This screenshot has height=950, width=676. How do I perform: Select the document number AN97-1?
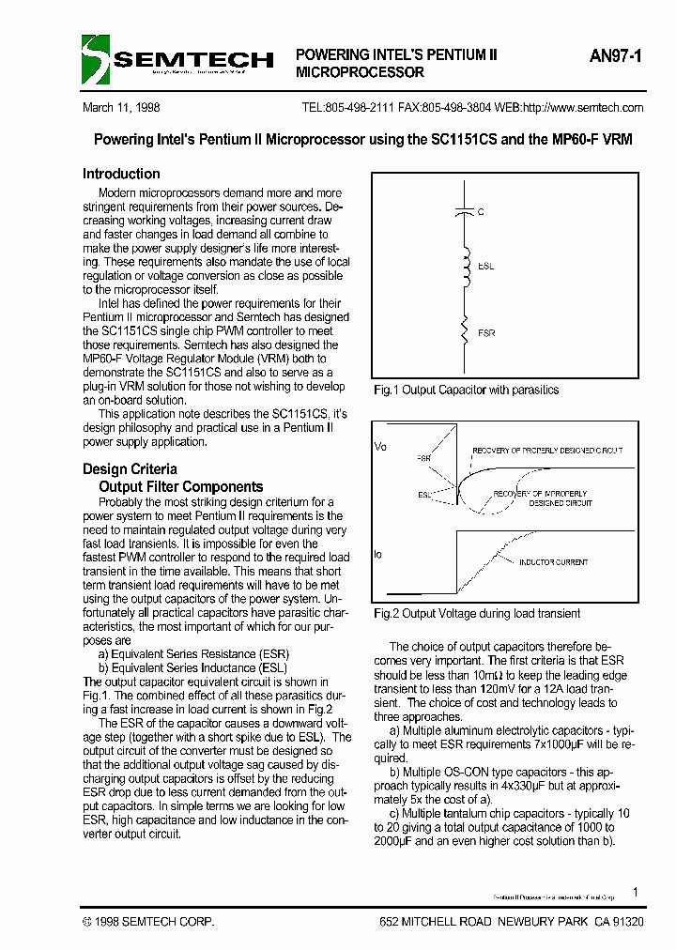pyautogui.click(x=616, y=56)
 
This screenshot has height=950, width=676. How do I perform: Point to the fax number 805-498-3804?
pyautogui.click(x=456, y=108)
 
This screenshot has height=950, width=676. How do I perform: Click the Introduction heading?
pyautogui.click(x=121, y=174)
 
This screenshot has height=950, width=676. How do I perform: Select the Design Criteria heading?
pyautogui.click(x=130, y=468)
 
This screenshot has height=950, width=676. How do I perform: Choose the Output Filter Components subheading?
pyautogui.click(x=181, y=486)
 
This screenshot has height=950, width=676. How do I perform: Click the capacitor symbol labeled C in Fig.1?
pyautogui.click(x=462, y=212)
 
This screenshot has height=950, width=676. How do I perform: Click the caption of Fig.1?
pyautogui.click(x=467, y=390)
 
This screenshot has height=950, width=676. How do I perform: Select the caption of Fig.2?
pyautogui.click(x=477, y=613)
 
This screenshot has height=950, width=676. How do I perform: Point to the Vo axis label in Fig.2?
pyautogui.click(x=380, y=446)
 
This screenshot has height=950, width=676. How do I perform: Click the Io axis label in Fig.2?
pyautogui.click(x=378, y=554)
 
